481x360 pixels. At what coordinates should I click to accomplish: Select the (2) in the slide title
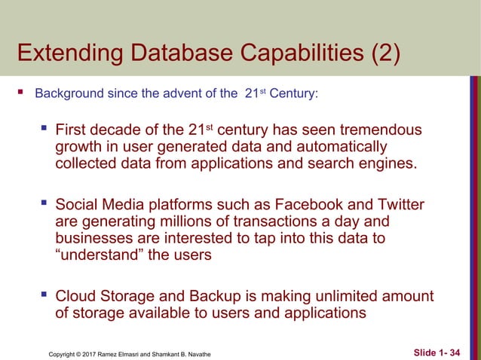381,55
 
